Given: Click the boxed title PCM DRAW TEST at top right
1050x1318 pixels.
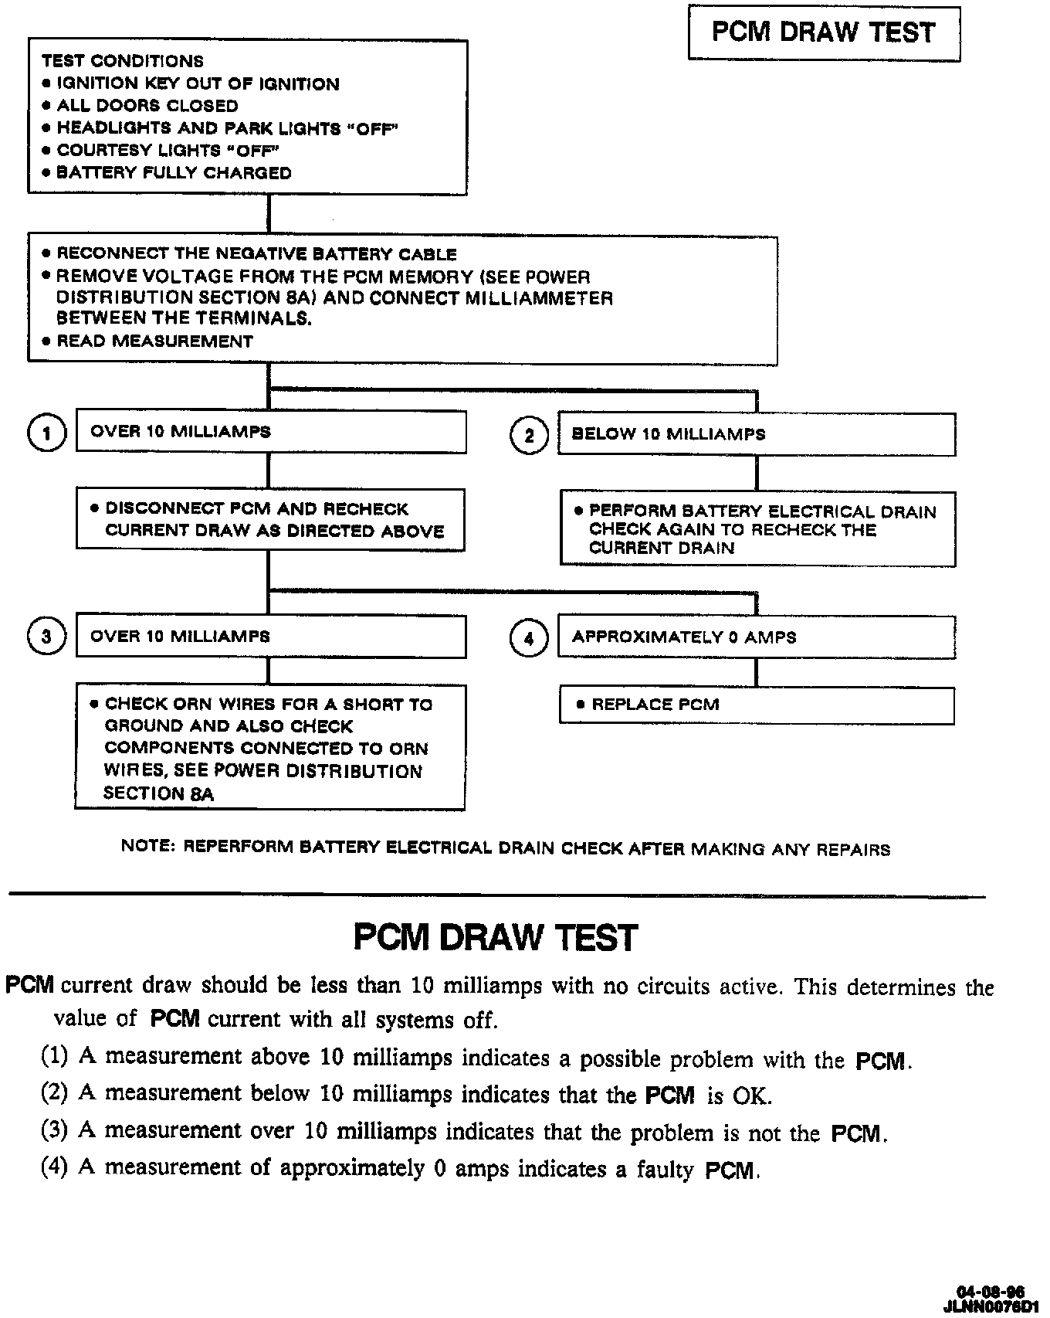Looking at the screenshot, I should [824, 32].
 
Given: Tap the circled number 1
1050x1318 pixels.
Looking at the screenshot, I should [46, 433].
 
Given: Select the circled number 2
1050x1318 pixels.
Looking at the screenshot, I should [529, 436].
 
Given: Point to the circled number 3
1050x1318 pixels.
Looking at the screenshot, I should [46, 637].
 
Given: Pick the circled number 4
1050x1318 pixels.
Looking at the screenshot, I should [529, 638].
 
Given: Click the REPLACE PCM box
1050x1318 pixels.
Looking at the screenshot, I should [757, 705].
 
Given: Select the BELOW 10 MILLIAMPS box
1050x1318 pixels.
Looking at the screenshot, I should [757, 434].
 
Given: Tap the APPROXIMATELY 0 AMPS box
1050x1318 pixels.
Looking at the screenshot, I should [757, 637].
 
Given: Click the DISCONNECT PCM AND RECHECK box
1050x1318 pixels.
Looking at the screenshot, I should [270, 520].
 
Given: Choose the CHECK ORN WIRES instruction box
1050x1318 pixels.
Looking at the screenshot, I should [270, 748].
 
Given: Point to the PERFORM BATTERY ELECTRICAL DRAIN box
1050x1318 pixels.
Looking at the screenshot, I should [757, 529].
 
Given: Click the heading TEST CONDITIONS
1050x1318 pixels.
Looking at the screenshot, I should [123, 61].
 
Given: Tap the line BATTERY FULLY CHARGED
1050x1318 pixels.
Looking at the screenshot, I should [174, 173].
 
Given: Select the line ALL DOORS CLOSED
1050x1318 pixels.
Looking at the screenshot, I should [147, 106].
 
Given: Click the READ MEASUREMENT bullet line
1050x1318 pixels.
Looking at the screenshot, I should [154, 341].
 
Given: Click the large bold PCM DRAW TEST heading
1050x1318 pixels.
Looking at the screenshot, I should [496, 938].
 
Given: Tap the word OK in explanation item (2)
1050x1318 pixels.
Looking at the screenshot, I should [751, 1096].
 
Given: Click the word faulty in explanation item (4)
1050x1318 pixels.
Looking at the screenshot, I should [665, 1170].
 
